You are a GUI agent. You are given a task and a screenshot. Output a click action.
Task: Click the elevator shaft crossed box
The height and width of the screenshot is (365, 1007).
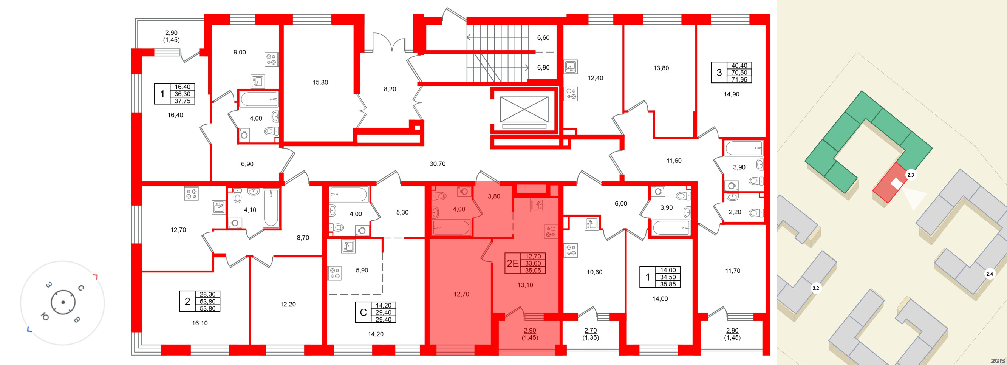click(524, 110)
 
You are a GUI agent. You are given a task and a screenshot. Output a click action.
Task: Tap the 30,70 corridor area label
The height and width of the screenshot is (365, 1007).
click(438, 164)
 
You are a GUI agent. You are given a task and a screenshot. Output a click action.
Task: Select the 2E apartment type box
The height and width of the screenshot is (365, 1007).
click(512, 263)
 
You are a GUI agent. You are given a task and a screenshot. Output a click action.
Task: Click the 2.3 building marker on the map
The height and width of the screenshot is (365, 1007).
click(910, 175)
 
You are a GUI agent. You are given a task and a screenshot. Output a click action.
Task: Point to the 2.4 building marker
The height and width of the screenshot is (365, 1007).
click(989, 274)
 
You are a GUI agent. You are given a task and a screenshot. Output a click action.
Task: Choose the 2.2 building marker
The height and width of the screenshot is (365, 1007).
click(816, 289)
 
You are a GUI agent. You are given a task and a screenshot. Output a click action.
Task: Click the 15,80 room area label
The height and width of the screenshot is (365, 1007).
click(320, 82)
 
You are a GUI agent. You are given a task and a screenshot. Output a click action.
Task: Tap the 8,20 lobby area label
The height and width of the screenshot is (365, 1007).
click(390, 89)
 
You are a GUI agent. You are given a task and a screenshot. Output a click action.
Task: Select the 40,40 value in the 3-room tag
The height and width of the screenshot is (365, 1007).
click(739, 66)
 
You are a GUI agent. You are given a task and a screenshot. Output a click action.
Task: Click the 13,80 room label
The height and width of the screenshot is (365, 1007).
click(661, 68)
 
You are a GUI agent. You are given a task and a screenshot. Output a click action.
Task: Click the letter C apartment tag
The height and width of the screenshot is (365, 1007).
click(363, 312)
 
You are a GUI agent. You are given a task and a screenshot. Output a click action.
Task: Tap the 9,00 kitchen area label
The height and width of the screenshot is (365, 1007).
click(240, 53)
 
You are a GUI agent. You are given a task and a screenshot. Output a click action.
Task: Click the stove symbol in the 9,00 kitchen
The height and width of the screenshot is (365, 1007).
click(271, 59)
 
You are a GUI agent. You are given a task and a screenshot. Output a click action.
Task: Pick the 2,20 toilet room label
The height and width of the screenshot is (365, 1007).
click(735, 212)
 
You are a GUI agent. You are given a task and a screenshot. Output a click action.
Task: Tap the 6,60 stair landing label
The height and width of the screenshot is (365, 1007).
click(543, 38)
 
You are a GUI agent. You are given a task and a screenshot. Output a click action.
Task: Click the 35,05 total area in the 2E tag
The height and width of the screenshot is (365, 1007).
click(533, 271)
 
